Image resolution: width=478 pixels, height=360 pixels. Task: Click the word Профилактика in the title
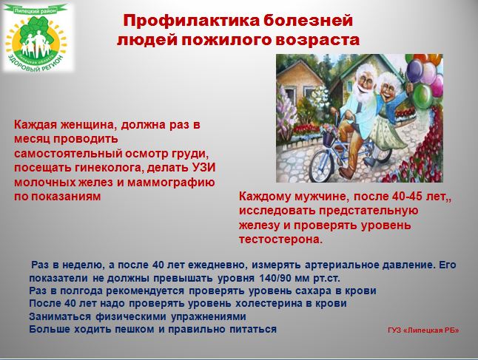191,21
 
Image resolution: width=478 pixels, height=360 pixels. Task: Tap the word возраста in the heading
317,40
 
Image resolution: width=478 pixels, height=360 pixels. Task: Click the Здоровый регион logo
37,38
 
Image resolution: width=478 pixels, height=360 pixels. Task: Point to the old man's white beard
363,92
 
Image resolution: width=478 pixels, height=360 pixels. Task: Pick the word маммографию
171,183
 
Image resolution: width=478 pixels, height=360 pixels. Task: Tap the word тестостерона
280,240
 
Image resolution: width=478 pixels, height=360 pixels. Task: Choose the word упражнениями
208,316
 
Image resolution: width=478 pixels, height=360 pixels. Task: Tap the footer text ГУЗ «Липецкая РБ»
423,330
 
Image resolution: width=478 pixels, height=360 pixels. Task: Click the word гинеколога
106,168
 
